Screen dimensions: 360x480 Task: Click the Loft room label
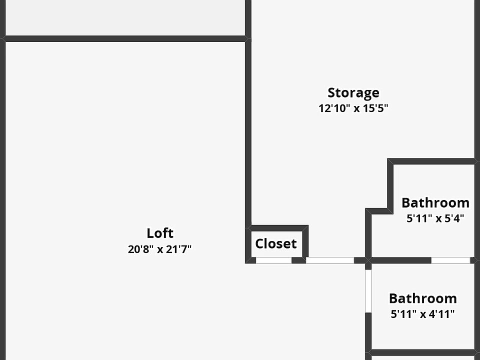(x=160, y=233)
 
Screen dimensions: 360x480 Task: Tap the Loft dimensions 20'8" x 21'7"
(x=160, y=249)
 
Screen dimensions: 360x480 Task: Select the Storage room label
(x=353, y=92)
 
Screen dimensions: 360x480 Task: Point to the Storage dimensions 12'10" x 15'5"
(x=353, y=108)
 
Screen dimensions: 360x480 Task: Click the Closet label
(x=276, y=243)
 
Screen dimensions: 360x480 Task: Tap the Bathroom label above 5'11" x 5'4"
(x=435, y=202)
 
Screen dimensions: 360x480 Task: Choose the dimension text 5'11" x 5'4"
(x=435, y=218)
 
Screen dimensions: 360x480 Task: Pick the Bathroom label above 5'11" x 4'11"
(x=423, y=298)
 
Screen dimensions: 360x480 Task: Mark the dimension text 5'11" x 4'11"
(x=423, y=314)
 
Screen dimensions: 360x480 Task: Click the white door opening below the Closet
(x=273, y=260)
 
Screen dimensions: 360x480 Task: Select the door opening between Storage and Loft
(x=329, y=260)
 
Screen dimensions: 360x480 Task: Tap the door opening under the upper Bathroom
(x=450, y=260)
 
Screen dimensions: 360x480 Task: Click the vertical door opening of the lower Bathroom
(x=368, y=291)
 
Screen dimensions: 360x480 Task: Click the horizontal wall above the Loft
(x=125, y=38)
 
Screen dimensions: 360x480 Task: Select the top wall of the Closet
(x=278, y=228)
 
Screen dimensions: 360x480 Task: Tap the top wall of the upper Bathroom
(x=432, y=161)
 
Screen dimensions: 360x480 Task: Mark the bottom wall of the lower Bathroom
(x=422, y=352)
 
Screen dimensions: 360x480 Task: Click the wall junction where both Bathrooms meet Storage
(x=368, y=260)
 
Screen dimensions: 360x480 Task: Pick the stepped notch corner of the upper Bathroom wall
(x=390, y=211)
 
